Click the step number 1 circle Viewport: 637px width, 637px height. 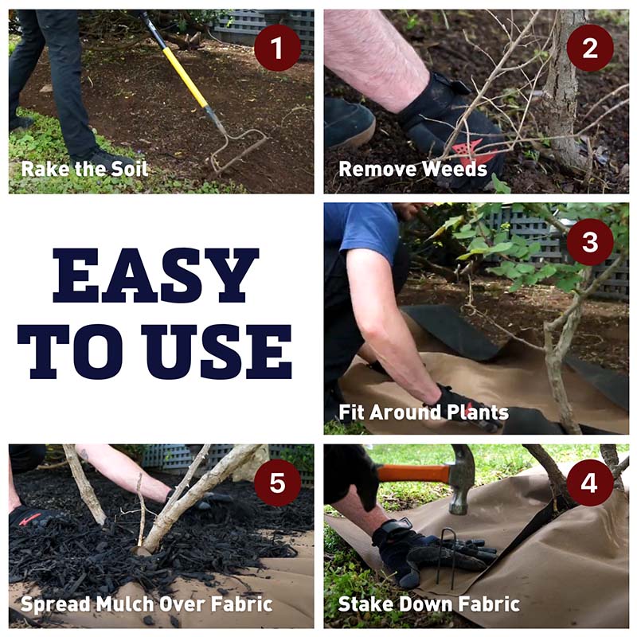point(277,48)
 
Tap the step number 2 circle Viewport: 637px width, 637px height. point(590,48)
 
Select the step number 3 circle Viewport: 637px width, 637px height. point(590,242)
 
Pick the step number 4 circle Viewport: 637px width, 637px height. point(590,483)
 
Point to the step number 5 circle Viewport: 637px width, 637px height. point(277,483)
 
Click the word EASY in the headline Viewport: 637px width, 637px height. point(155,276)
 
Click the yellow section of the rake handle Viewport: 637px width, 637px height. point(185,77)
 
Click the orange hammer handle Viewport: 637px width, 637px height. point(414,473)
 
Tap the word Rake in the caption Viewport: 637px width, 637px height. point(39,169)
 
